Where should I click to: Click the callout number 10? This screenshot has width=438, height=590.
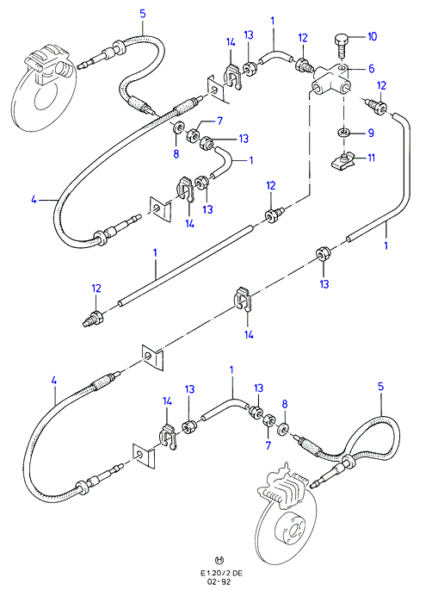pyautogui.click(x=372, y=36)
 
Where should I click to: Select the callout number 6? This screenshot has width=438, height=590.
pyautogui.click(x=372, y=69)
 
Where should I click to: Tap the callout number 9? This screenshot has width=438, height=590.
pyautogui.click(x=371, y=133)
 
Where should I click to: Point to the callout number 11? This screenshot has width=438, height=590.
pyautogui.click(x=371, y=158)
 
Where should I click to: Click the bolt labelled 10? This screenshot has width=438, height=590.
pyautogui.click(x=341, y=45)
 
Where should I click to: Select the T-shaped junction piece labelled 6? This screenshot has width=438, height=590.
pyautogui.click(x=330, y=79)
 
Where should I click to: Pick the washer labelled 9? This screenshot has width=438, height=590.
pyautogui.click(x=343, y=133)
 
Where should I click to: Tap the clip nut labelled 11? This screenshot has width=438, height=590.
pyautogui.click(x=342, y=162)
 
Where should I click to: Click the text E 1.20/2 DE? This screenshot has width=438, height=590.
pyautogui.click(x=221, y=573)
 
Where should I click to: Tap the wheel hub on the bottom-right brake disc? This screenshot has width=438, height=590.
pyautogui.click(x=291, y=530)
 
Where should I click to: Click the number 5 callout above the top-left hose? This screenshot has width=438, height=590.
pyautogui.click(x=143, y=14)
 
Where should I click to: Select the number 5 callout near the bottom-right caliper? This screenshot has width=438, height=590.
pyautogui.click(x=381, y=387)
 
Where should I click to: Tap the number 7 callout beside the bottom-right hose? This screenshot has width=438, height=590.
pyautogui.click(x=268, y=445)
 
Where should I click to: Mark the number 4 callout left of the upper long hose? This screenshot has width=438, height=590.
pyautogui.click(x=34, y=200)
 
